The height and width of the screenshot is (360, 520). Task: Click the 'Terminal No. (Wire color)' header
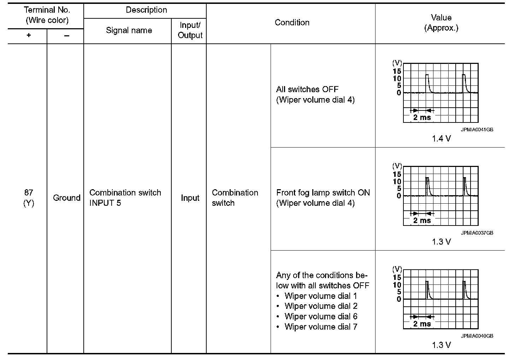pyautogui.click(x=47, y=15)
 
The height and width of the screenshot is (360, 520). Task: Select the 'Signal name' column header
pyautogui.click(x=129, y=30)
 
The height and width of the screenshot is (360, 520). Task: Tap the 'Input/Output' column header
pyautogui.click(x=190, y=30)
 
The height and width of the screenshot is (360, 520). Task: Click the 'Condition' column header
pyautogui.click(x=292, y=23)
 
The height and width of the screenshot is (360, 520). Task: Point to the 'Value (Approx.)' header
pyautogui.click(x=441, y=23)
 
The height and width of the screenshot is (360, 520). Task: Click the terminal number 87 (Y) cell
pyautogui.click(x=29, y=198)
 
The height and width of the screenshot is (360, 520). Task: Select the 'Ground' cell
pyautogui.click(x=66, y=198)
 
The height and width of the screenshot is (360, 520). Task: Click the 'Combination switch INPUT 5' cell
pyautogui.click(x=125, y=198)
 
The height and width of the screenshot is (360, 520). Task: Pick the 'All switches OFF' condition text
pyautogui.click(x=307, y=89)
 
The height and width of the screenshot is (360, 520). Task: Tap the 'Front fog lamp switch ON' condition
pyautogui.click(x=323, y=193)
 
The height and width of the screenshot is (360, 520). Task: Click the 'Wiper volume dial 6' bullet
pyautogui.click(x=321, y=317)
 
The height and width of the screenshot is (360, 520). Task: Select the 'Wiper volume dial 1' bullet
pyautogui.click(x=321, y=296)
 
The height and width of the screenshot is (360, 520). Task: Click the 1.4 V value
pyautogui.click(x=441, y=139)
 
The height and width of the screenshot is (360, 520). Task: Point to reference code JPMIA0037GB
pyautogui.click(x=477, y=233)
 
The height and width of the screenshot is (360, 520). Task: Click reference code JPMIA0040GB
pyautogui.click(x=477, y=336)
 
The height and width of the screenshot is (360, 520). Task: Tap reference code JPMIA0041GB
pyautogui.click(x=477, y=130)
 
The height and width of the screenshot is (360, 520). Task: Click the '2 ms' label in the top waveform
pyautogui.click(x=422, y=118)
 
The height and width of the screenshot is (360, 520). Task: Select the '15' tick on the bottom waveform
pyautogui.click(x=397, y=277)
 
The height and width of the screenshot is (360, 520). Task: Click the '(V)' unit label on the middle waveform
pyautogui.click(x=397, y=166)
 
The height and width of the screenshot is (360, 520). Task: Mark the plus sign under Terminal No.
pyautogui.click(x=29, y=36)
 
